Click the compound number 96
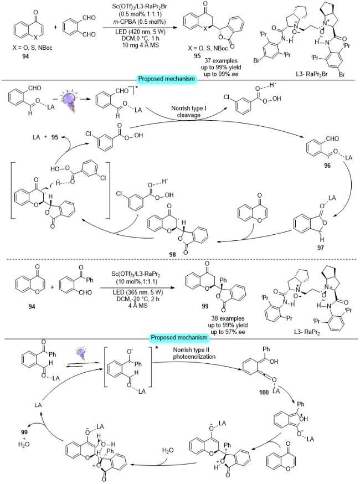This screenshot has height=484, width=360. tap(327, 166)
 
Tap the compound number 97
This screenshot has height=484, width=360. tap(321, 248)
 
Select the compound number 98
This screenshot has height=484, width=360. tap(172, 254)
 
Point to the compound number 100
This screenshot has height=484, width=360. tap(264, 393)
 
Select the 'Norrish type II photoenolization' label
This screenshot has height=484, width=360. tap(194, 353)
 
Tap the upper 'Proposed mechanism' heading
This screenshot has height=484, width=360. tap(167, 79)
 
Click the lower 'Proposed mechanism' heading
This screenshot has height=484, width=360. tap(179, 337)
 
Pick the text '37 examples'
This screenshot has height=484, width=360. tap(221, 61)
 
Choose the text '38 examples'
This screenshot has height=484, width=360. tap(228, 318)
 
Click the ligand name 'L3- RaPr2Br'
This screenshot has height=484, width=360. tap(311, 74)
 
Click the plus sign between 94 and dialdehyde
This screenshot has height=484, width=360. tap(55, 27)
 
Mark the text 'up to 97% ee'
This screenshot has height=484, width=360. tap(228, 332)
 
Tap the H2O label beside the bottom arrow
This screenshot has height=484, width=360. tap(168, 450)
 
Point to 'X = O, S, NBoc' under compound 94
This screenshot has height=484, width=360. tap(33, 48)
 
